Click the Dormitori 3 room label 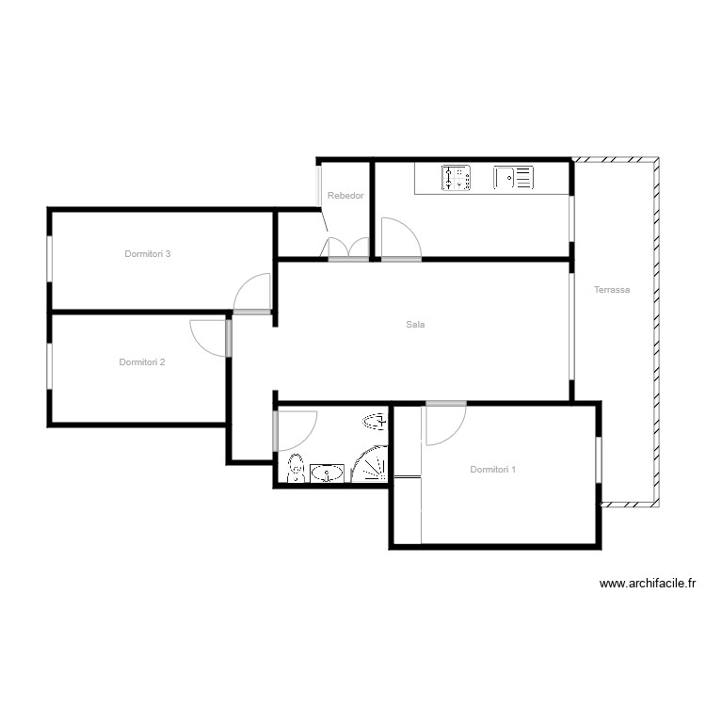click(x=147, y=254)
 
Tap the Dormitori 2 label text click(x=142, y=362)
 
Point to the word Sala click(x=415, y=325)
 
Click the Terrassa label click(x=612, y=290)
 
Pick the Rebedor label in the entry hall click(x=345, y=196)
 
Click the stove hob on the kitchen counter click(x=456, y=177)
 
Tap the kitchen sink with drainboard click(x=513, y=177)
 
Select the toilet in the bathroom click(x=296, y=468)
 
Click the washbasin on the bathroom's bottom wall click(x=328, y=473)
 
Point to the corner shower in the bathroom click(x=371, y=464)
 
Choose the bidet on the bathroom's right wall click(x=374, y=421)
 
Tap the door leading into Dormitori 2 click(x=209, y=337)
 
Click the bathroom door click(x=296, y=429)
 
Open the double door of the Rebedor click(x=347, y=249)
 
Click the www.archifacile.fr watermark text click(x=646, y=584)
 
